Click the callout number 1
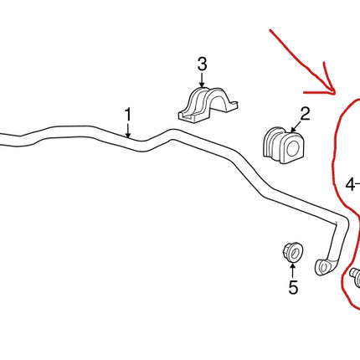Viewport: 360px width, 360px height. pos(128,115)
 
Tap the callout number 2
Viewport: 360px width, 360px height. pos(305,114)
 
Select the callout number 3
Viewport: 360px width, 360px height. pos(203,64)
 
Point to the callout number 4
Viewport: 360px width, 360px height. pos(350,184)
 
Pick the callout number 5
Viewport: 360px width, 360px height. pos(293,287)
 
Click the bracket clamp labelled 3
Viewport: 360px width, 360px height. pos(208,105)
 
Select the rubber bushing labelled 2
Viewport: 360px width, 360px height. pos(283,145)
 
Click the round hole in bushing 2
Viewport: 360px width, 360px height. pos(294,148)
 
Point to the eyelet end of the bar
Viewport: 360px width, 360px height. pos(324,267)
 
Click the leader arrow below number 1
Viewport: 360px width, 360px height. pos(128,131)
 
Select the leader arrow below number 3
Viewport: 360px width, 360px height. pos(202,80)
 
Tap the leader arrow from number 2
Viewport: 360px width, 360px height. pos(296,126)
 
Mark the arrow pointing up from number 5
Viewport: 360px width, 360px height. pos(292,270)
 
